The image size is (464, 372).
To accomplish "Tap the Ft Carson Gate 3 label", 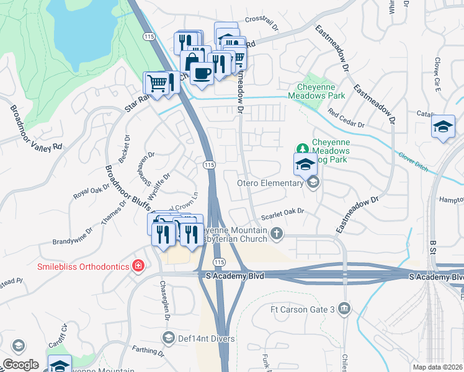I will (302, 309).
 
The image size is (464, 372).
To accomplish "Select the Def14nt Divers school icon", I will (167, 337).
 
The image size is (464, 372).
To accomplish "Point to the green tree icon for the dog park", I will (302, 148).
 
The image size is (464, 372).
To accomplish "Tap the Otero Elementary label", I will (270, 182).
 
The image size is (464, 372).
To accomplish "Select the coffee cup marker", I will (202, 74).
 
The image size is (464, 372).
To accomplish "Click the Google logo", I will (20, 365).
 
